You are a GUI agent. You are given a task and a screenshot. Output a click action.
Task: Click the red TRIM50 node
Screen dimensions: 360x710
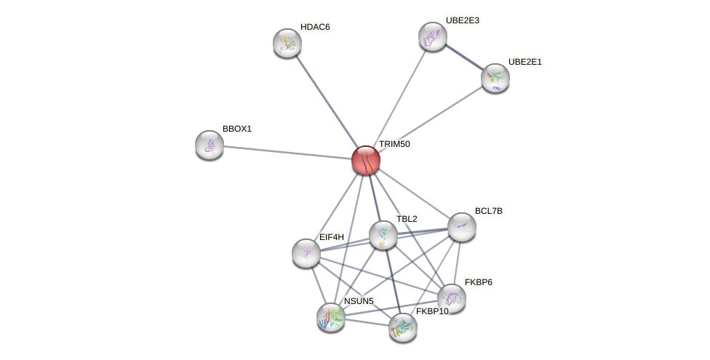pos(365,160)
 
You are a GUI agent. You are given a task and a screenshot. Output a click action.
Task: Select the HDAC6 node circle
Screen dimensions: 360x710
pos(287,43)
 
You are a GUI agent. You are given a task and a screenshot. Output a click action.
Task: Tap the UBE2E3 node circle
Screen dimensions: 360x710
pos(433,36)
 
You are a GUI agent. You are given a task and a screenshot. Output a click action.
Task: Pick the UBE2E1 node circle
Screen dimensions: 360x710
pos(495,78)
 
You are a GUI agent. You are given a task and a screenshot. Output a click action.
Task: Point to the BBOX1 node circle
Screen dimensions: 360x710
pos(210,145)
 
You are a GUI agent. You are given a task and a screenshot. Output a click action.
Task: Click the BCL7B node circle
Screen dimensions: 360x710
pos(462,227)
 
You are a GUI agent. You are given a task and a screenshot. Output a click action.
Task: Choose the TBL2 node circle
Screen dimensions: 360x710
pos(383,235)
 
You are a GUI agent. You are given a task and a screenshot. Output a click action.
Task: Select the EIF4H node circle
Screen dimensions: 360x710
pos(306,253)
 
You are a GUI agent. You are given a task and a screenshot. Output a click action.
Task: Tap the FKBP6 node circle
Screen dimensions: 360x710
pos(452,298)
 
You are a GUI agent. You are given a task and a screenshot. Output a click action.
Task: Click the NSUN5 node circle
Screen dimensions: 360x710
pos(331,317)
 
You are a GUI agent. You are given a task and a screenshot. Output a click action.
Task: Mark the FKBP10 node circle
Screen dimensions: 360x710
pos(402,327)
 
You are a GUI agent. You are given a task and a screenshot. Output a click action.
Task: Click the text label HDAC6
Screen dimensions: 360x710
pos(315,28)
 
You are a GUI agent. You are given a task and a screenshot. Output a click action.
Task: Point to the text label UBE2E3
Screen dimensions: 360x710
pos(462,20)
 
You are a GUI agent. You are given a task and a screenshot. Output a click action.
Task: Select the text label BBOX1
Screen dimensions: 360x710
pos(237,129)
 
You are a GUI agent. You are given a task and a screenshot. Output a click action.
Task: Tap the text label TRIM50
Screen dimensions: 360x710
pos(394,144)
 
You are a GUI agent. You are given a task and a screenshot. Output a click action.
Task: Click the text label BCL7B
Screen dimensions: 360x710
pos(488,211)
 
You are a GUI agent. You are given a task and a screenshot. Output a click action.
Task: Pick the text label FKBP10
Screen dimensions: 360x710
pos(432,311)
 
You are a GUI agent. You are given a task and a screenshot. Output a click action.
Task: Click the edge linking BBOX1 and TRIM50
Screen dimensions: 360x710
pos(287,153)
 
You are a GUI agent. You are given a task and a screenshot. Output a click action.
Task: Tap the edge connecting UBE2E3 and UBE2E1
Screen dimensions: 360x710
pos(464,57)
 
